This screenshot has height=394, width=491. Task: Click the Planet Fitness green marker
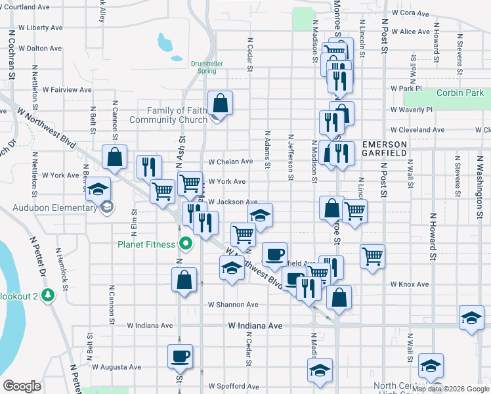click(186, 244)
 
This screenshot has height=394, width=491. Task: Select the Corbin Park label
click(459, 93)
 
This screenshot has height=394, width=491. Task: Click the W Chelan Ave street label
click(230, 162)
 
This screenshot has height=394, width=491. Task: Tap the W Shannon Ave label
click(233, 305)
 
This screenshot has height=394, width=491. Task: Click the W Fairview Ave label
click(68, 89)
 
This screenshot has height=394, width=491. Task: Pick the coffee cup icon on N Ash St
click(180, 356)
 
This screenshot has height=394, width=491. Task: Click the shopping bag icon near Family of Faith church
click(221, 102)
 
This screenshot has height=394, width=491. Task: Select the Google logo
click(22, 386)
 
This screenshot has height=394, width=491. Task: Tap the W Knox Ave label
click(410, 284)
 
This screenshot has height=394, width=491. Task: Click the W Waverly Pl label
click(412, 110)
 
